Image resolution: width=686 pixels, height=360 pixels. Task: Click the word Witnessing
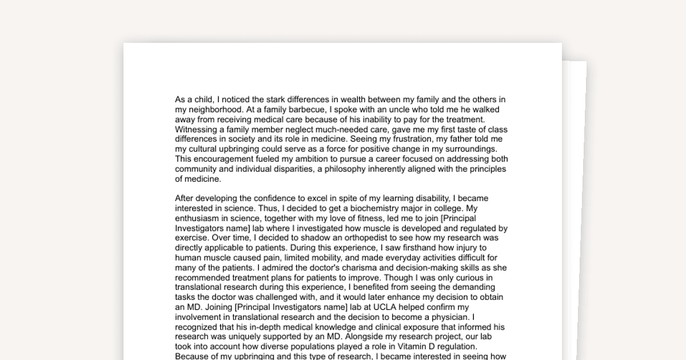pyautogui.click(x=196, y=130)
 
